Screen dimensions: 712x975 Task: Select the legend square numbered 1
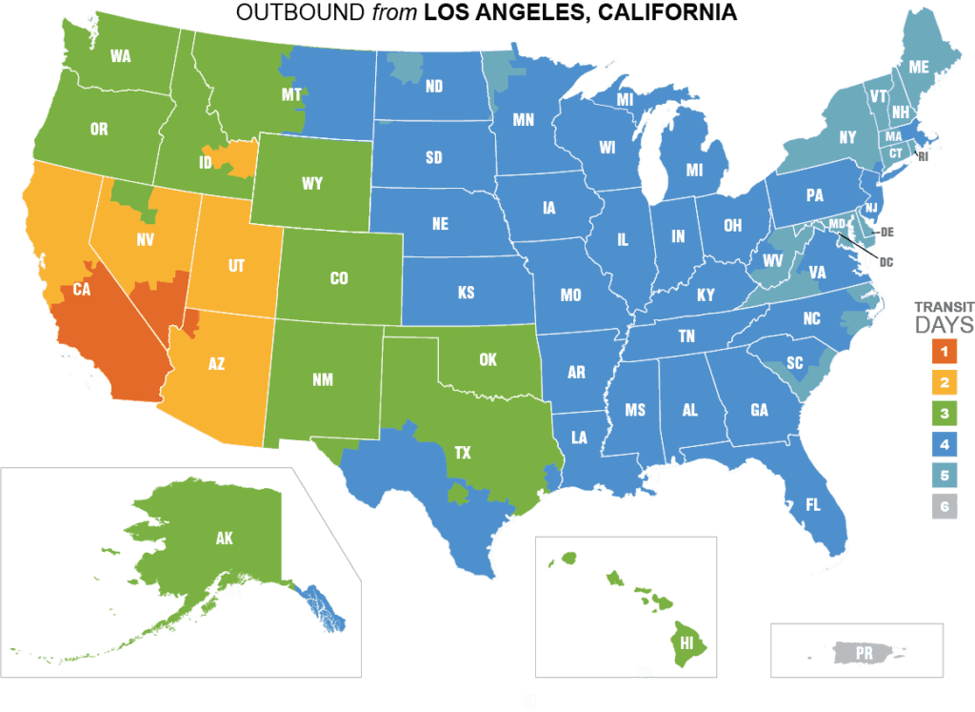pyautogui.click(x=944, y=352)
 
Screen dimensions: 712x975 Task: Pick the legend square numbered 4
pyautogui.click(x=944, y=445)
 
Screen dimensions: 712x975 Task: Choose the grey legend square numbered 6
pyautogui.click(x=944, y=507)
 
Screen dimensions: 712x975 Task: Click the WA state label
pyautogui.click(x=120, y=56)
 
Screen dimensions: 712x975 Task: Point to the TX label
pyautogui.click(x=462, y=454)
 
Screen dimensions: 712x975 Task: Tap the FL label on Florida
pyautogui.click(x=812, y=505)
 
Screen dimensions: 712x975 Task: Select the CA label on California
pyautogui.click(x=81, y=290)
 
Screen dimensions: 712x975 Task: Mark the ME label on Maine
pyautogui.click(x=919, y=68)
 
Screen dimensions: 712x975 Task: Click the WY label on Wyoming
pyautogui.click(x=312, y=184)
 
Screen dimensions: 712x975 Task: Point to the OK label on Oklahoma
pyautogui.click(x=487, y=360)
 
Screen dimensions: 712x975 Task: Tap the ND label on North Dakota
pyautogui.click(x=434, y=87)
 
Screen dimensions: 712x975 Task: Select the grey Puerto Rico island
pyautogui.click(x=863, y=654)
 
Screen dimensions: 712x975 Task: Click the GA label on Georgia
pyautogui.click(x=759, y=411)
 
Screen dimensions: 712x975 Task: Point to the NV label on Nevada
pyautogui.click(x=145, y=241)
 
